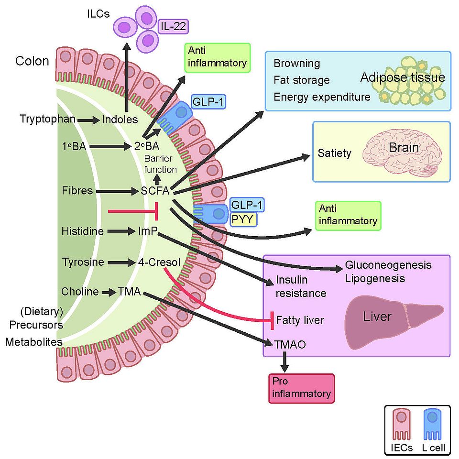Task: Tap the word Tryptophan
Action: (47, 119)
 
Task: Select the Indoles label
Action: (120, 119)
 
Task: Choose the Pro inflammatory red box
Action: (300, 388)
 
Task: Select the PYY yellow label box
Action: (243, 220)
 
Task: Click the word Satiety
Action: (334, 153)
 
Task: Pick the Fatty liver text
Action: (300, 320)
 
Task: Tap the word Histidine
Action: (82, 231)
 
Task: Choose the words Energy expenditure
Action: (322, 97)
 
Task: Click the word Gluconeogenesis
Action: (388, 265)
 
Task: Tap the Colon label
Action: (32, 61)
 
